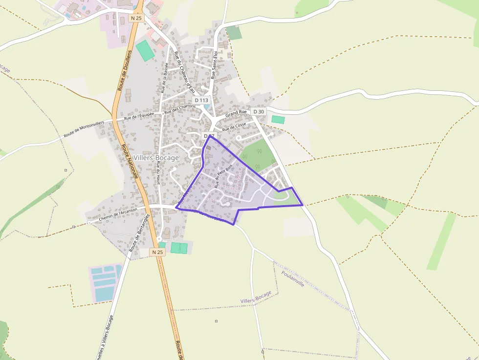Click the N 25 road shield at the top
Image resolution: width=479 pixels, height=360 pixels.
[x=136, y=18]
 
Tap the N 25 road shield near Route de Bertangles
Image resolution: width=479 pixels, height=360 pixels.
[x=157, y=252]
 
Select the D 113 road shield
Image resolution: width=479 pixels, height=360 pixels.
[x=201, y=100]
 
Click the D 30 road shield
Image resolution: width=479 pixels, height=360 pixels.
[x=259, y=112]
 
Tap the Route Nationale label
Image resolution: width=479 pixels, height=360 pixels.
[x=129, y=161]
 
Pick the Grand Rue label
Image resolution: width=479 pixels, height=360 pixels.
[x=236, y=113]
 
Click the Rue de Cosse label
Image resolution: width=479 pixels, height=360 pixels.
[x=234, y=127]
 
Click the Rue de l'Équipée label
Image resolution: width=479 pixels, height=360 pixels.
[x=139, y=116]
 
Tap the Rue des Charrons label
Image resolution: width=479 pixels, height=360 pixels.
[x=180, y=109]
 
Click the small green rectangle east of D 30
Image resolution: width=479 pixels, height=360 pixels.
[x=278, y=119]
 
